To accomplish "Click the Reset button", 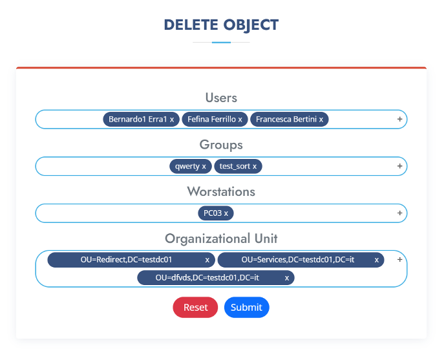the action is pos(195,307).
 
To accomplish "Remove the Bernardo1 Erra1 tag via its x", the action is pos(172,120).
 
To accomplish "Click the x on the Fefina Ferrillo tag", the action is pos(240,120).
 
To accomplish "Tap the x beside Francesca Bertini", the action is pos(321,120).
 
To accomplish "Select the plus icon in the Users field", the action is pos(399,119).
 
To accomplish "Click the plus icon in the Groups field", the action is pos(399,166).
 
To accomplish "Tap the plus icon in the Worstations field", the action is pos(399,213).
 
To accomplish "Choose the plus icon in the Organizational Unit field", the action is pos(399,259).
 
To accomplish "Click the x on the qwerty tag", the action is pos(204,167).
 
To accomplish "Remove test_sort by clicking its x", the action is pos(255,167).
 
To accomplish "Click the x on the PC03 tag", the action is pos(226,213).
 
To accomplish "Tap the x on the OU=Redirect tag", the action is pos(207,260).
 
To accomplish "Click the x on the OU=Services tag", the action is pos(377,260).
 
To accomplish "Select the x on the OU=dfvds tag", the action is pos(287,278).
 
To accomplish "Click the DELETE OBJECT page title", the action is pos(221,25).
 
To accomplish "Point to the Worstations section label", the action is pos(221,191).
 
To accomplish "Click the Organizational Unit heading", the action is pos(221,238).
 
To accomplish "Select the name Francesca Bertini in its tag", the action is pos(286,119).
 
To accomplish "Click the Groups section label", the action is pos(221,145).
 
